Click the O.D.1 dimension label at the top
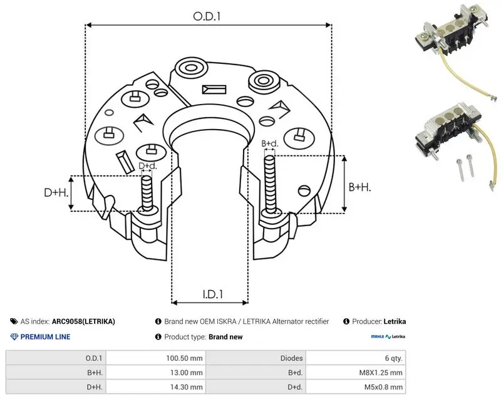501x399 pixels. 207,16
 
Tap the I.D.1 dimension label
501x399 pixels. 213,294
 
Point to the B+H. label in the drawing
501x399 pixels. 359,187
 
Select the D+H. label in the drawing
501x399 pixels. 56,192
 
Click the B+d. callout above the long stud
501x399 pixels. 270,143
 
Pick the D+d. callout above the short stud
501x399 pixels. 148,166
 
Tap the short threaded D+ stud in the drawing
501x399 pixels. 147,194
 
